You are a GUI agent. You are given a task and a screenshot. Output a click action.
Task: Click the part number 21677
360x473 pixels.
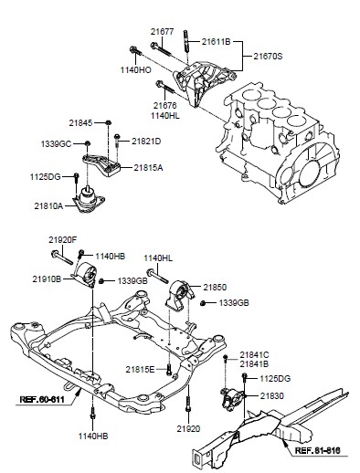tap(162, 32)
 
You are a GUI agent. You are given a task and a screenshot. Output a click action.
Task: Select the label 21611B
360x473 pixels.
tap(216, 42)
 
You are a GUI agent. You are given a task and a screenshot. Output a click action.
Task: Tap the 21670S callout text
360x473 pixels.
tap(268, 57)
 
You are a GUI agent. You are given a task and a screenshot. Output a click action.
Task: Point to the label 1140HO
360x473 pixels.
tap(135, 70)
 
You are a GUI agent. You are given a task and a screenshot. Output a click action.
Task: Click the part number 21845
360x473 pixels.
tap(80, 123)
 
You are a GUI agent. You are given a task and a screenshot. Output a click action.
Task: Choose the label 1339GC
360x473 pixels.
tap(56, 143)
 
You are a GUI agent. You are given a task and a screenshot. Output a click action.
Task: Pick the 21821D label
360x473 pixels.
tap(146, 142)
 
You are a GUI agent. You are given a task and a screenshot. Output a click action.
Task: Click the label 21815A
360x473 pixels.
tap(148, 168)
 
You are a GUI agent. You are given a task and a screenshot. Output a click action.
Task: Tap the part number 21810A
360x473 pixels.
tap(48, 206)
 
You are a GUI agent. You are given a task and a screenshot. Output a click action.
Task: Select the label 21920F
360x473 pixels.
tap(63, 240)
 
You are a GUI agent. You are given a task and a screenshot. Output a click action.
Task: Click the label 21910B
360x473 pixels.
tap(47, 279)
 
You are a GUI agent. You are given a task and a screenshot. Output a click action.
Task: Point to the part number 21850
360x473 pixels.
tap(215, 288)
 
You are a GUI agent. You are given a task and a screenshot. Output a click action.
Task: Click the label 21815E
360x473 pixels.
tap(140, 370)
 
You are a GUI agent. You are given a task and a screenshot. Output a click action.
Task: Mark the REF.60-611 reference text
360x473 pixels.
tap(42, 399)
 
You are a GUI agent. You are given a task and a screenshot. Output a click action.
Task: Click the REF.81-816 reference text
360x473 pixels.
tap(318, 450)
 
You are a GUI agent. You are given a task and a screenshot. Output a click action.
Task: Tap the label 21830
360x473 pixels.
tap(271, 396)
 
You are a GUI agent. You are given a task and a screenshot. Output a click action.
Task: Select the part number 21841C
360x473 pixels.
tap(254, 355)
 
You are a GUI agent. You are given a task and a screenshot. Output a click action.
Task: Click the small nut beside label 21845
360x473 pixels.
tap(108, 122)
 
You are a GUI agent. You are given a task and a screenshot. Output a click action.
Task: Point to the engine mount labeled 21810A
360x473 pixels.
tap(89, 200)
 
